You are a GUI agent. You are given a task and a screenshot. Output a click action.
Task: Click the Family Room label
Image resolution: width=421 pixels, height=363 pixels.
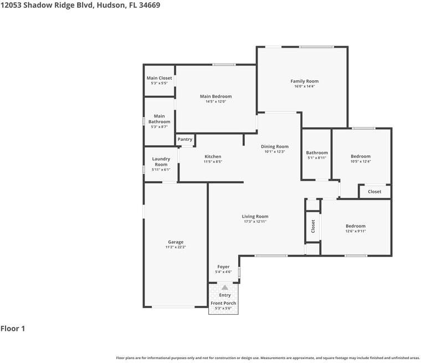[305, 81]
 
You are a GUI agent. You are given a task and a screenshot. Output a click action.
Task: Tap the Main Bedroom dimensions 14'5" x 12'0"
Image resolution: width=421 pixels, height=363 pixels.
[215, 101]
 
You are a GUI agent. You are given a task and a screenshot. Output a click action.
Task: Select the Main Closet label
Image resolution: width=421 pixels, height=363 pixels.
[159, 78]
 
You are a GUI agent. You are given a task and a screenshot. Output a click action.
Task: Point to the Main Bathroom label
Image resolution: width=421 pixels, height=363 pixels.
[159, 119]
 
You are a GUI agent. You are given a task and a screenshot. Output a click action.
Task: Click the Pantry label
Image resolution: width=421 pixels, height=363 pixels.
[185, 140]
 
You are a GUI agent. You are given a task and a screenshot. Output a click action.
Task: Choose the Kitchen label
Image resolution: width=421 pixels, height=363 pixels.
[213, 157]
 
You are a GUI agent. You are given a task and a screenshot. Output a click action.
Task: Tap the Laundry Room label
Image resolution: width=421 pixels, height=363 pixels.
[161, 162]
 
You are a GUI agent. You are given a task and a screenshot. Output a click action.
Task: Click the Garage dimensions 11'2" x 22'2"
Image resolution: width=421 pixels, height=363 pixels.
[176, 247]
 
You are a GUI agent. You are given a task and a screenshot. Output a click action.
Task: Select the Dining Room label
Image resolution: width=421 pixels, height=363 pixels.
[275, 147]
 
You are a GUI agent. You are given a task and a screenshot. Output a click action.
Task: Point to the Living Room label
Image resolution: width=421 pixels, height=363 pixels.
[255, 217]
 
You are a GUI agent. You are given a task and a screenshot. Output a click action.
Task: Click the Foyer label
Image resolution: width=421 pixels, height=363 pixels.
[223, 267]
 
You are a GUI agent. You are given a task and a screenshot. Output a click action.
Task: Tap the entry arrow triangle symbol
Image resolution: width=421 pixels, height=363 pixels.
[224, 288]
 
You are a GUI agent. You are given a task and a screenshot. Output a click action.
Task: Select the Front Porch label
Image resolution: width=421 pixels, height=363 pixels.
[223, 303]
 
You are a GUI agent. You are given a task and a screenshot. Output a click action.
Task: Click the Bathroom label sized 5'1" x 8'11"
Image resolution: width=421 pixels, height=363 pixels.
[317, 153]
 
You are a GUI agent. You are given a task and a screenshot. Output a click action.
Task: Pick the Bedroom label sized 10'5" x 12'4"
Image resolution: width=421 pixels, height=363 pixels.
[361, 156]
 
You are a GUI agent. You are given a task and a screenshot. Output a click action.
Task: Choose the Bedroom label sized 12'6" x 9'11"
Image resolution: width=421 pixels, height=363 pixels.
[356, 226]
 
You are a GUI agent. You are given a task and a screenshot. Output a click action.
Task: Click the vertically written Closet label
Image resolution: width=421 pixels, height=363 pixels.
[313, 226]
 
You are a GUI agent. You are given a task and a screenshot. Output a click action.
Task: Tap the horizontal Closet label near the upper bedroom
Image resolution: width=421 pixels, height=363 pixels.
[374, 192]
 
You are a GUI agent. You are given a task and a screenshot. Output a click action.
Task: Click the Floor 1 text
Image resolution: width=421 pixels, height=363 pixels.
[13, 329]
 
